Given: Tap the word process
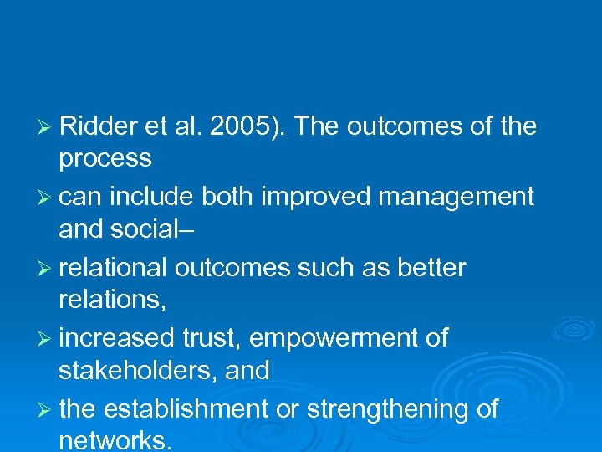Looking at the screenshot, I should [x=105, y=157].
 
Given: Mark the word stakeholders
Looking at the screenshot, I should [x=134, y=370].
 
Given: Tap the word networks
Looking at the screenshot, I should [x=115, y=440].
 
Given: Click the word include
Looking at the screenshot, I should [x=155, y=197].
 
